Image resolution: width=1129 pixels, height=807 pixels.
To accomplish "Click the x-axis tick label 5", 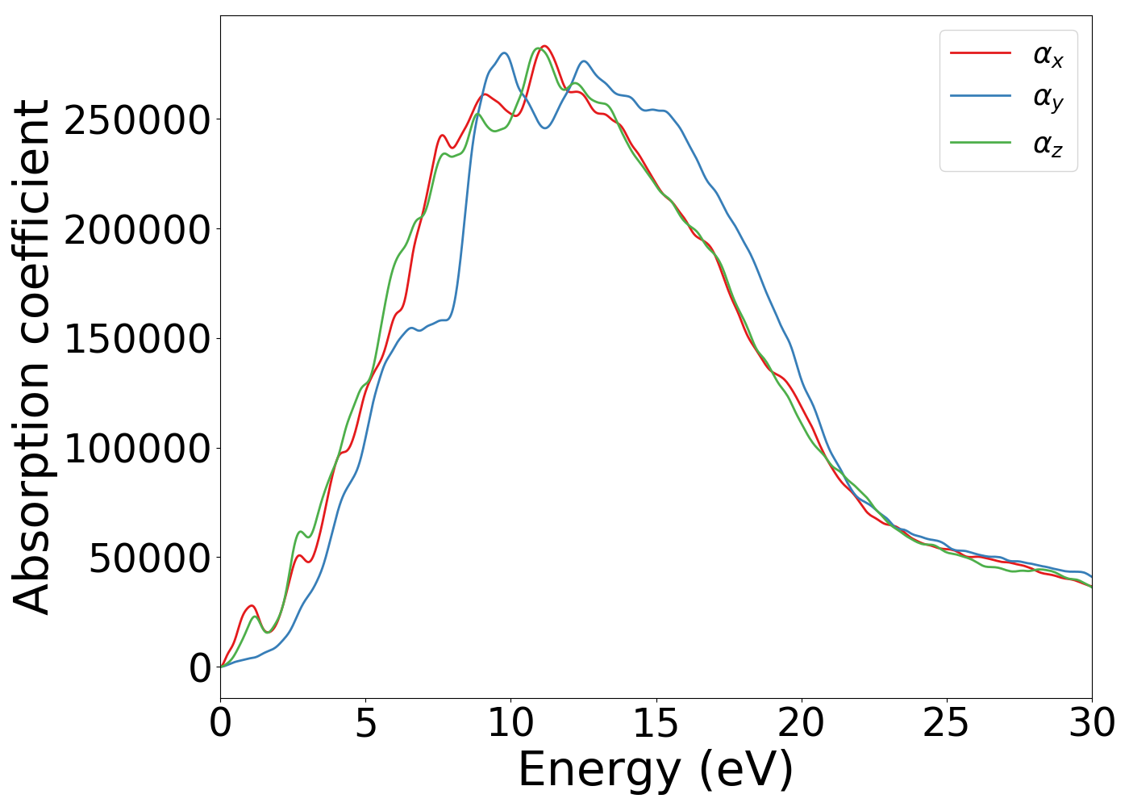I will pyautogui.click(x=365, y=724).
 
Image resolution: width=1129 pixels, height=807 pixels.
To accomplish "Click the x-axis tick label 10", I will pyautogui.click(x=510, y=724).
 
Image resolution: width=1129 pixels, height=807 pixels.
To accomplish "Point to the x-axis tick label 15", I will pyautogui.click(x=656, y=724).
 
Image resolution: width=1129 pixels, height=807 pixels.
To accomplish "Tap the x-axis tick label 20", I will pyautogui.click(x=801, y=724).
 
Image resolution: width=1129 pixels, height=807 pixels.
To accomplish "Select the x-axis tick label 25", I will pyautogui.click(x=946, y=724).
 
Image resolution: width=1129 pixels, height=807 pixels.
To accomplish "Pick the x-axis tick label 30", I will pyautogui.click(x=1091, y=724).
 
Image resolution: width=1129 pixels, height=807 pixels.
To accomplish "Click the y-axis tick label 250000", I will pyautogui.click(x=137, y=121).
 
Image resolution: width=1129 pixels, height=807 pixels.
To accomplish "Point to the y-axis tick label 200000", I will pyautogui.click(x=137, y=231).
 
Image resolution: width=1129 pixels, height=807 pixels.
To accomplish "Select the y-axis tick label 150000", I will pyautogui.click(x=137, y=340).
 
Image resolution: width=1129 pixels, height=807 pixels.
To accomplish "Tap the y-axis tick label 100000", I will pyautogui.click(x=137, y=449).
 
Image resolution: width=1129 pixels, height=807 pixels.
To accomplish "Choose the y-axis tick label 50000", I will pyautogui.click(x=150, y=558).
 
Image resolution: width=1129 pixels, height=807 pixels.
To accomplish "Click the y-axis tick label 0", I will pyautogui.click(x=200, y=668).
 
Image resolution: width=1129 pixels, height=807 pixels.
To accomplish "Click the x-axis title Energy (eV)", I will pyautogui.click(x=656, y=770).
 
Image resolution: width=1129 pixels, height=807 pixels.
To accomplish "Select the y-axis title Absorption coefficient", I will pyautogui.click(x=32, y=357).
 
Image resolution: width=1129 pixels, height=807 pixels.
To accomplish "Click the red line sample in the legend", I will pyautogui.click(x=980, y=52).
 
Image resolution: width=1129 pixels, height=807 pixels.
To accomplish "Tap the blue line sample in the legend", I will pyautogui.click(x=980, y=96).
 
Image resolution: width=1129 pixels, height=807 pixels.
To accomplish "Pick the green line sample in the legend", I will pyautogui.click(x=980, y=142).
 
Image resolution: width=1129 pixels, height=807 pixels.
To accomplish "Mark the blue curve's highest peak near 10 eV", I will pyautogui.click(x=504, y=53).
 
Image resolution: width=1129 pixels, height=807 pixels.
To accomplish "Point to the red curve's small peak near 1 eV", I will pyautogui.click(x=252, y=605).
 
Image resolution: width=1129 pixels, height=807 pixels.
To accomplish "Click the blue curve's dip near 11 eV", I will pyautogui.click(x=546, y=128).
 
